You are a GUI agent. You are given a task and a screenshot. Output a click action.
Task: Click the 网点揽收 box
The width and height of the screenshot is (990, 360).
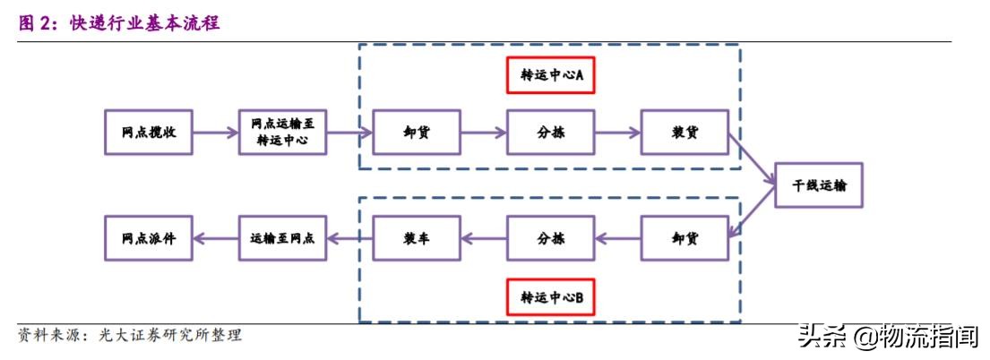click(x=148, y=133)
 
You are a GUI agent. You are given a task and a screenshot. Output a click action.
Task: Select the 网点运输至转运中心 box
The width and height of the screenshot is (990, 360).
click(x=282, y=133)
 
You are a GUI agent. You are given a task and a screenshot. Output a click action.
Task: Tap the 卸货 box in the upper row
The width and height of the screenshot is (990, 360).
click(x=416, y=133)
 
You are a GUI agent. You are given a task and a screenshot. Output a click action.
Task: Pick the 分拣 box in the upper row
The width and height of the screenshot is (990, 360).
click(x=550, y=133)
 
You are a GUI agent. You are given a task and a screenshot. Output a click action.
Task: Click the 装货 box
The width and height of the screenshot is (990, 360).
click(x=684, y=133)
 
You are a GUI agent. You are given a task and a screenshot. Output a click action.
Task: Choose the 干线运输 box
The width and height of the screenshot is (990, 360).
click(x=818, y=185)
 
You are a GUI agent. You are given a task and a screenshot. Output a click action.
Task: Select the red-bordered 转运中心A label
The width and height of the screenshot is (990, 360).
click(x=551, y=76)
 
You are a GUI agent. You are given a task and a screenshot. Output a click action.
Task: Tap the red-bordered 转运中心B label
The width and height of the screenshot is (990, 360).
click(x=551, y=296)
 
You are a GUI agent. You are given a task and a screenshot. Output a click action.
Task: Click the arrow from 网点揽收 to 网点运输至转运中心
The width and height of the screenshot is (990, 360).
click(x=215, y=133)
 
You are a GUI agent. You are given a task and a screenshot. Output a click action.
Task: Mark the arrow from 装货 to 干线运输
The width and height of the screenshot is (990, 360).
click(x=751, y=160)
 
